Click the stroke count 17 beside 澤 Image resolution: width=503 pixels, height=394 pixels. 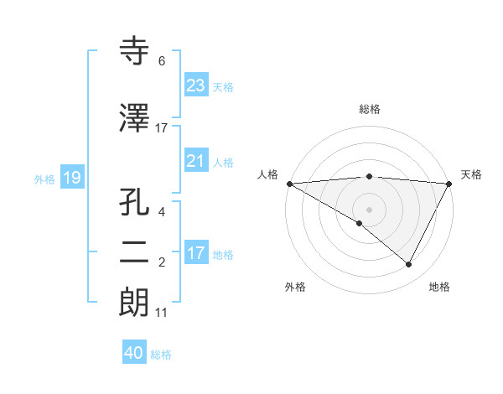pyautogui.click(x=162, y=128)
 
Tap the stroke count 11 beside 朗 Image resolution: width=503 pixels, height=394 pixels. pyautogui.click(x=162, y=314)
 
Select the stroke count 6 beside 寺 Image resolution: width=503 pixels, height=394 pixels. pyautogui.click(x=162, y=62)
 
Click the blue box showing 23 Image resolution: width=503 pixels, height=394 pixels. pyautogui.click(x=195, y=86)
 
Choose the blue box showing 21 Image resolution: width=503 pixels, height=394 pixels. pyautogui.click(x=195, y=161)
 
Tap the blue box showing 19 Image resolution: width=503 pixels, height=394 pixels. pyautogui.click(x=71, y=178)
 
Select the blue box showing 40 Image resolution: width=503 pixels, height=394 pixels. pyautogui.click(x=134, y=353)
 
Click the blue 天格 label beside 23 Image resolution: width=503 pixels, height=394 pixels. pyautogui.click(x=222, y=86)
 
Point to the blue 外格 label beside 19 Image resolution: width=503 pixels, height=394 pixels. pyautogui.click(x=44, y=179)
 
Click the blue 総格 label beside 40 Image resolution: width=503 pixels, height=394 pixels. pyautogui.click(x=161, y=354)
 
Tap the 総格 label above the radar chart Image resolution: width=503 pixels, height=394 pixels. pyautogui.click(x=369, y=109)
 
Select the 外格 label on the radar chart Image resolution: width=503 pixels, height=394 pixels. pyautogui.click(x=295, y=287)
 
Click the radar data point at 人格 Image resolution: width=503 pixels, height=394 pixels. pyautogui.click(x=289, y=184)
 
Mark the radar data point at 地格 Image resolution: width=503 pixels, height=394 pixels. pyautogui.click(x=409, y=265)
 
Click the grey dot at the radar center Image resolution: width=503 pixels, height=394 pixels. pyautogui.click(x=369, y=208)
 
